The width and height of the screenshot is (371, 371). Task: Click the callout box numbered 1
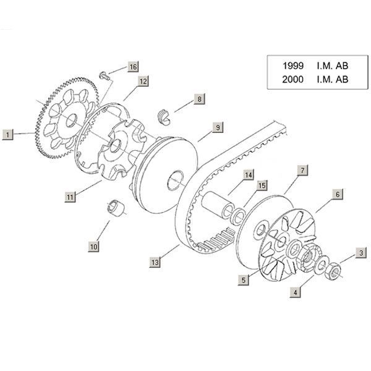tap(7, 132)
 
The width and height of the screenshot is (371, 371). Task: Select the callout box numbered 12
tap(142, 81)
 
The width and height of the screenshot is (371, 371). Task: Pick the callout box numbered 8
tap(199, 98)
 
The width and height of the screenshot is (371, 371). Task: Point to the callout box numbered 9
tap(217, 127)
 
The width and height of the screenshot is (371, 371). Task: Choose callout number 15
tap(262, 185)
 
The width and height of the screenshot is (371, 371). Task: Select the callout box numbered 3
tap(359, 252)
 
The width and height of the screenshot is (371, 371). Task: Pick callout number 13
tap(155, 263)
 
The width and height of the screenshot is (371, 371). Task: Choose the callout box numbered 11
tap(70, 197)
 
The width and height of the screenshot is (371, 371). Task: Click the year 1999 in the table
tap(292, 65)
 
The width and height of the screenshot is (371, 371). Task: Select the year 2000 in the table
tap(292, 79)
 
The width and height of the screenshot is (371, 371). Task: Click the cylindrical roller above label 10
tap(113, 208)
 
